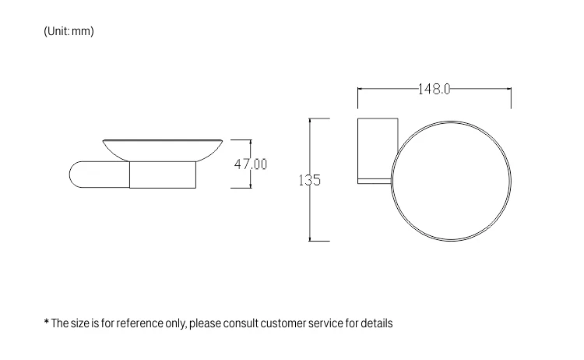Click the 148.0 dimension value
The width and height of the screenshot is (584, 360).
[x=434, y=89]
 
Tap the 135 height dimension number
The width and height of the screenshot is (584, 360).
[x=310, y=181]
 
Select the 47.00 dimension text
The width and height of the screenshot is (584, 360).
[x=251, y=164]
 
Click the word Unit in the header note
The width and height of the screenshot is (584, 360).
[x=58, y=32]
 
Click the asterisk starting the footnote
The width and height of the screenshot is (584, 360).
[x=46, y=322]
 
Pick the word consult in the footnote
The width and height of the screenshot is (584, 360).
[x=242, y=323]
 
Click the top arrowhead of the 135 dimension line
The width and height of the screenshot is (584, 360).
[x=310, y=121]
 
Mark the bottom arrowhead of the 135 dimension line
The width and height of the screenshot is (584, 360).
[x=310, y=238]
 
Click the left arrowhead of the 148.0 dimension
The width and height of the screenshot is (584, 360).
[x=361, y=89]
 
